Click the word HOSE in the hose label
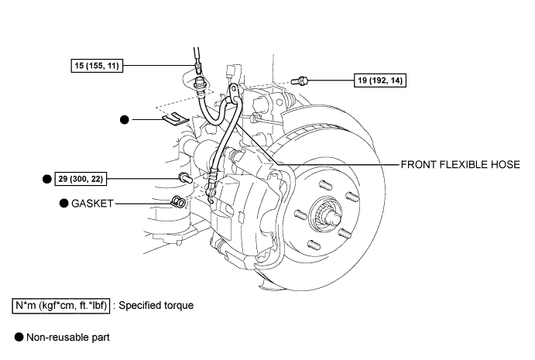pos(507,165)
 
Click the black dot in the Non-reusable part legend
pos(19,338)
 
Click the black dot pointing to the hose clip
pos(124,120)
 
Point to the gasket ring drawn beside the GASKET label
pos(177,204)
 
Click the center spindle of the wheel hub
pos(324,213)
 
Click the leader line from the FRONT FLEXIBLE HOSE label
pos(341,164)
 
